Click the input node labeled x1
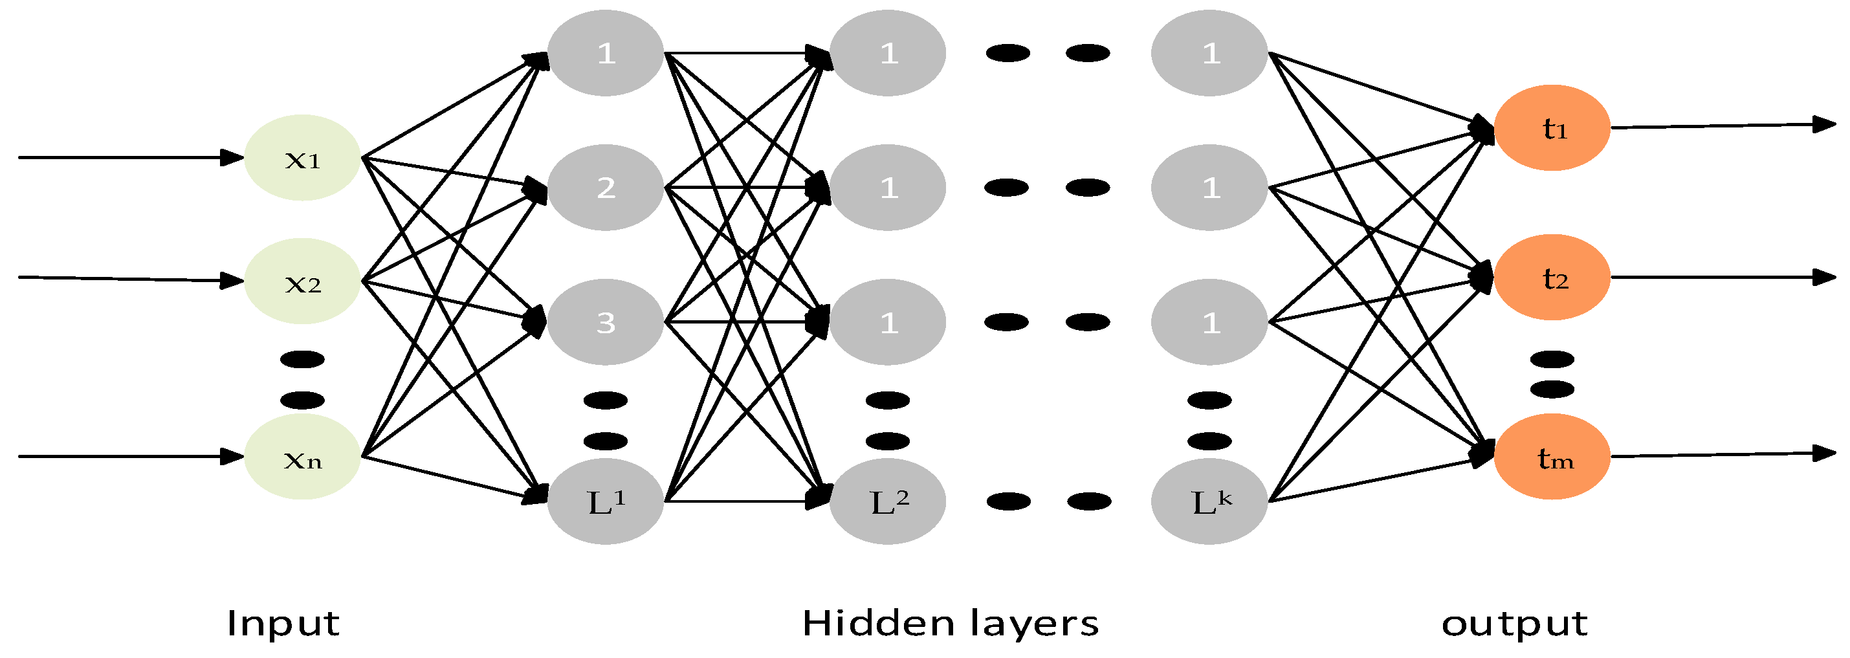[x=302, y=157]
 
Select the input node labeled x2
[x=302, y=281]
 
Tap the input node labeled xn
[x=302, y=456]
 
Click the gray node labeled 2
[x=606, y=188]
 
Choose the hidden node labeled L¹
[x=606, y=501]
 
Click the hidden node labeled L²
[x=888, y=501]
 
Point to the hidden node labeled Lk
[x=1209, y=501]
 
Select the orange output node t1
[x=1552, y=128]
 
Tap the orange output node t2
[x=1552, y=278]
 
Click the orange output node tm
[x=1552, y=456]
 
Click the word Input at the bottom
[x=283, y=623]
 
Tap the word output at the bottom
[x=1515, y=624]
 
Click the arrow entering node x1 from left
[x=129, y=157]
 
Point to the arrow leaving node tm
[x=1724, y=455]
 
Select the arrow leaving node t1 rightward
[x=1724, y=126]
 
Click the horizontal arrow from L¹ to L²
[x=747, y=501]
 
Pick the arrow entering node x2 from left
[x=129, y=279]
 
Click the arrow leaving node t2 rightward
[x=1724, y=278]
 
